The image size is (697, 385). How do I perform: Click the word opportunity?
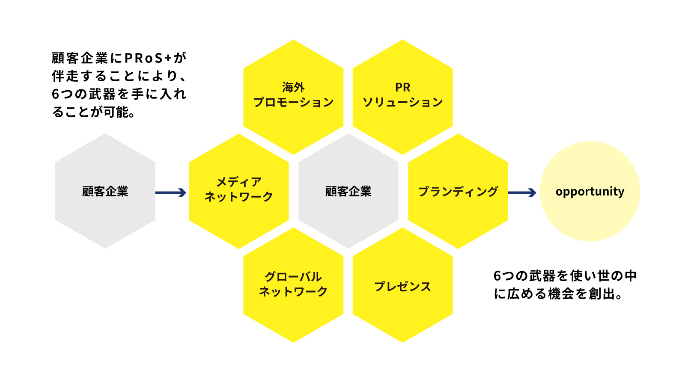(590, 191)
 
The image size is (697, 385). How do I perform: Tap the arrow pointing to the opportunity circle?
(522, 193)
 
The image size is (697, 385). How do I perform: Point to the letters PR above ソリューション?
(402, 87)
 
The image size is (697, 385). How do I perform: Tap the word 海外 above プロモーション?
(293, 87)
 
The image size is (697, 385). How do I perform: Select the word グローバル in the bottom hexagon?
(293, 277)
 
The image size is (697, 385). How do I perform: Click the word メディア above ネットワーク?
(238, 182)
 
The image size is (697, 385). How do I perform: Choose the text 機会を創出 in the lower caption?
(581, 294)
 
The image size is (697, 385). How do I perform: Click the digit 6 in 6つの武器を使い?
(497, 276)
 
